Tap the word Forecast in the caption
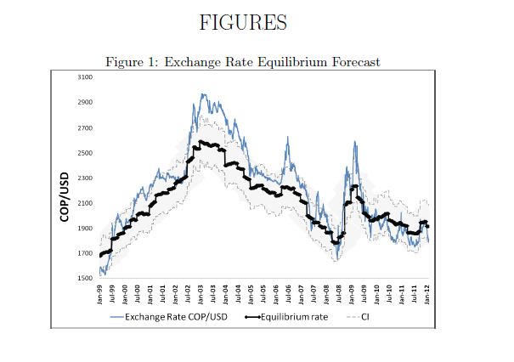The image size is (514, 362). click(x=350, y=62)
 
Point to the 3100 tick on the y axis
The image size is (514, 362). click(x=84, y=77)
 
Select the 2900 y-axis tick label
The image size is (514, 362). click(x=84, y=103)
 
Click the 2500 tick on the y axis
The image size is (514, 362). click(x=84, y=153)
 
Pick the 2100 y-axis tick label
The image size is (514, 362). click(x=84, y=203)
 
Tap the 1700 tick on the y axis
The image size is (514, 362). click(x=84, y=253)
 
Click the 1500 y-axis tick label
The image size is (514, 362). click(x=84, y=279)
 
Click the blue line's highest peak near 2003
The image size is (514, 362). click(x=202, y=94)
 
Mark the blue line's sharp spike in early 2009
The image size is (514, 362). click(x=353, y=143)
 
